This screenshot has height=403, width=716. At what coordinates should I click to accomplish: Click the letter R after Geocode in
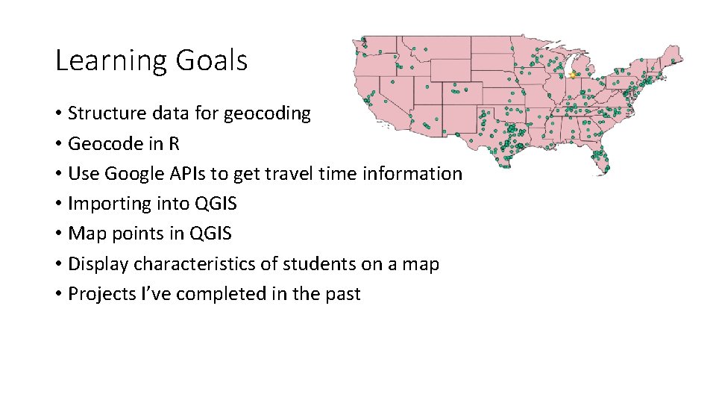tap(174, 143)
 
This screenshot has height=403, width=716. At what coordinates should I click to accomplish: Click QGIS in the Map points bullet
tap(211, 234)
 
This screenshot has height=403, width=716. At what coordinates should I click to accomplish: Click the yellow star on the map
tap(573, 75)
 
